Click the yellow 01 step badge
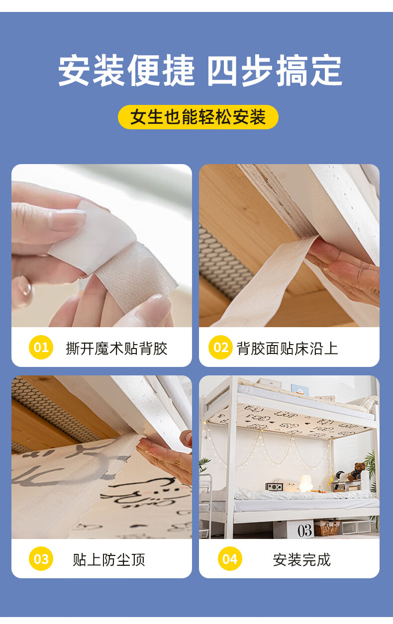[41, 347]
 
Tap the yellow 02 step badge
[220, 347]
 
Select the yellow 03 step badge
[41, 558]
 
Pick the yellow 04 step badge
[230, 558]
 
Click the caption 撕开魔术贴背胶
[116, 348]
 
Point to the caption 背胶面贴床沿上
[287, 348]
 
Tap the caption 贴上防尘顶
[109, 560]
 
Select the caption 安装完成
[301, 560]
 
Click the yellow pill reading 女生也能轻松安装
[198, 117]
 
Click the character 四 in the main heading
[222, 71]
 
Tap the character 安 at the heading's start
[74, 71]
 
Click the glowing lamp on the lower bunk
[306, 483]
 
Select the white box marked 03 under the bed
[294, 530]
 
